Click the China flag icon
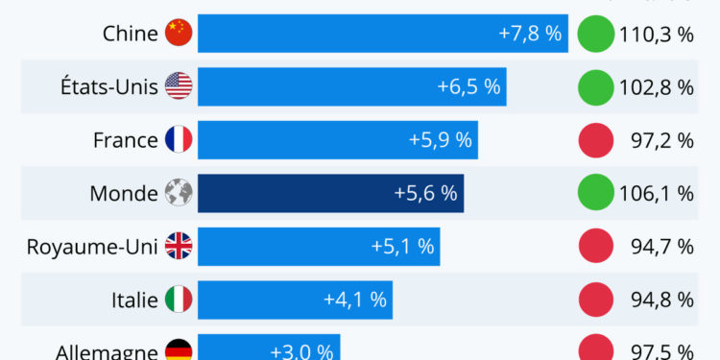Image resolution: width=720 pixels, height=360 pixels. click(179, 34)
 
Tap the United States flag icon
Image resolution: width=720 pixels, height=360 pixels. click(179, 86)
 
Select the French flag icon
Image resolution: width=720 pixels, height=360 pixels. click(179, 140)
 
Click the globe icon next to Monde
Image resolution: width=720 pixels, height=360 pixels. click(179, 193)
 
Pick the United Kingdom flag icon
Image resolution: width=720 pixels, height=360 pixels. click(179, 247)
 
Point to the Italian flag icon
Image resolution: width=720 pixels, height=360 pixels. click(179, 300)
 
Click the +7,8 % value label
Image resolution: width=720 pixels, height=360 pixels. click(530, 34)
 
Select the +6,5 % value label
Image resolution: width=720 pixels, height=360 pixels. click(468, 86)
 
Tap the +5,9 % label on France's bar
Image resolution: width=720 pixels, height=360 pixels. click(441, 140)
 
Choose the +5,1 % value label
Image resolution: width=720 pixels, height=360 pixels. click(402, 247)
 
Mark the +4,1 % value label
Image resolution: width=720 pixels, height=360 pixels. click(355, 300)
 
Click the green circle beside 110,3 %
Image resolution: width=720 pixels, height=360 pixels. click(595, 34)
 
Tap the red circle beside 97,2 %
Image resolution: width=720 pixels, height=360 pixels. click(595, 140)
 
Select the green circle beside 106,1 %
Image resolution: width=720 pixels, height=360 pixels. click(595, 193)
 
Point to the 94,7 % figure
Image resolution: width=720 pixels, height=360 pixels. click(661, 247)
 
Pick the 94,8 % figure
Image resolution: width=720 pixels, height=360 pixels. click(661, 300)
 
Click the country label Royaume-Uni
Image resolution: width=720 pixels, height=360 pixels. click(92, 247)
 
